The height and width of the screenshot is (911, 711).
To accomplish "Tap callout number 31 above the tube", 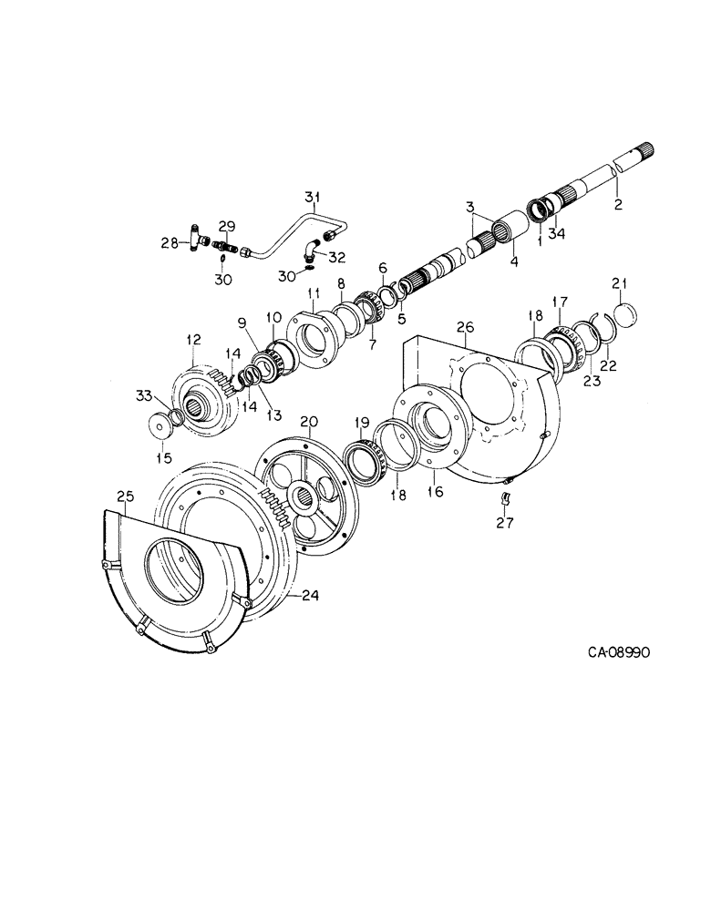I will (x=313, y=197).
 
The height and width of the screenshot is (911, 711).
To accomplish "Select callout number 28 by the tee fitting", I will (x=169, y=242).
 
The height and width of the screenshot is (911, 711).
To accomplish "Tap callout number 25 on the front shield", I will (x=126, y=496).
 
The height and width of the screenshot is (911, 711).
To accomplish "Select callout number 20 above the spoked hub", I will (x=309, y=421).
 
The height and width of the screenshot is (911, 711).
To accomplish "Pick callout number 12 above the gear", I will (x=192, y=339).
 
